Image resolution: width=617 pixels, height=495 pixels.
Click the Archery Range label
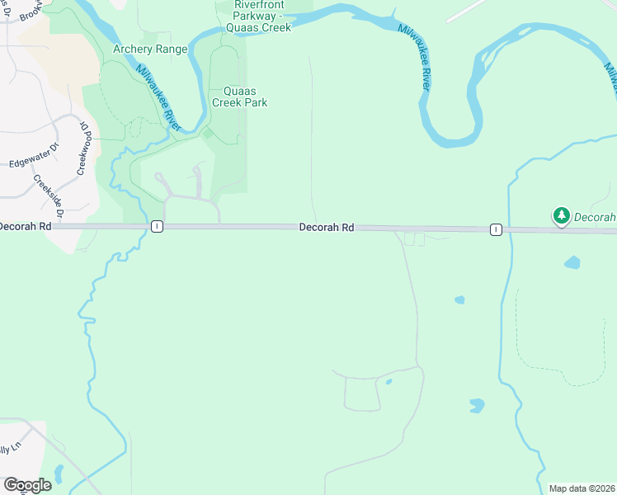pos(150,49)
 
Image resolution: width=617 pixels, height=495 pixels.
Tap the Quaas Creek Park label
pos(239,97)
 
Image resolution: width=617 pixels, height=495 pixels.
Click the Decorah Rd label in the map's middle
pos(327,226)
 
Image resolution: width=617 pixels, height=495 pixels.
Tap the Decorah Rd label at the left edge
pos(25,225)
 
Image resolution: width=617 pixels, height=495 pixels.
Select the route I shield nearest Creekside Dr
pos(156,226)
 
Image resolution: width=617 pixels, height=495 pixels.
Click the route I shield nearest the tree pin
pos(495,229)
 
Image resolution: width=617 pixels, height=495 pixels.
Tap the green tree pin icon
pos(562,216)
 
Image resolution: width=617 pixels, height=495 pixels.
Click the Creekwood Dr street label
pos(82,147)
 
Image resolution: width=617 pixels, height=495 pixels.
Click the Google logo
pos(27,485)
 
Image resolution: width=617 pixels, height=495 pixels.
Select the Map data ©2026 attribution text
pos(582,488)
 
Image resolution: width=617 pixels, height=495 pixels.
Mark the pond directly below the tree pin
pos(572,263)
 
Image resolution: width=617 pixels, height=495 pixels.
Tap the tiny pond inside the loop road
pos(388,382)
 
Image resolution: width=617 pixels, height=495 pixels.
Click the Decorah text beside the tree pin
pos(594,217)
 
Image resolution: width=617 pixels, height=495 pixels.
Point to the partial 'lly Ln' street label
pos(10,450)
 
